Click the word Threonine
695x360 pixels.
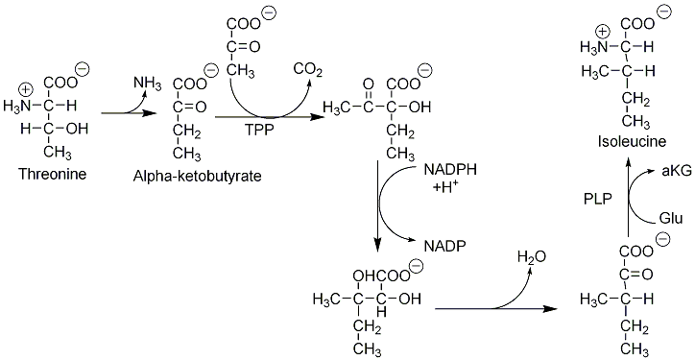(52, 174)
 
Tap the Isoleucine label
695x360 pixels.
(627, 142)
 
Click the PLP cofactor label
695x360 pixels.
(598, 199)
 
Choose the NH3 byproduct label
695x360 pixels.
(148, 83)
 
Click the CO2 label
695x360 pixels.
(308, 71)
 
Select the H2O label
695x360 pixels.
(533, 256)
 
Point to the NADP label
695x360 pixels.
(445, 246)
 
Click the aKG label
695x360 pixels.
(677, 171)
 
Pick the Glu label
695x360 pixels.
(672, 219)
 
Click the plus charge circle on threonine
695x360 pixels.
(27, 90)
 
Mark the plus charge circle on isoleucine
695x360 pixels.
(603, 32)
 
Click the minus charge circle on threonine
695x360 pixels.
(83, 68)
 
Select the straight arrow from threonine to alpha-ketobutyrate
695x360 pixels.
(129, 113)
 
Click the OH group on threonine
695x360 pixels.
(78, 129)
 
